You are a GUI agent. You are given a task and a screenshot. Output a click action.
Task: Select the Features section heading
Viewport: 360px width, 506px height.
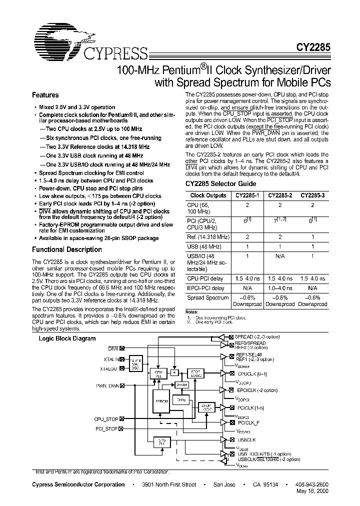point(45,95)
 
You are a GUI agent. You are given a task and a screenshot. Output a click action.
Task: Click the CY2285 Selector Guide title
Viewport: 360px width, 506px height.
point(214,183)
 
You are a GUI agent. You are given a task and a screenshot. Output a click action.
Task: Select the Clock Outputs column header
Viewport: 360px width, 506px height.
point(208,196)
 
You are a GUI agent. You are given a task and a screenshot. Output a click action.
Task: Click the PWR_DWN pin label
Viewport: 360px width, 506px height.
point(107,386)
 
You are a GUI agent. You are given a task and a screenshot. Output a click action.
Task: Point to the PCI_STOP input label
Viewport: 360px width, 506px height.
point(106,429)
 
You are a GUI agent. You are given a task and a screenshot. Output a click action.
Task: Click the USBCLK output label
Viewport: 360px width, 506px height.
point(247,439)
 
